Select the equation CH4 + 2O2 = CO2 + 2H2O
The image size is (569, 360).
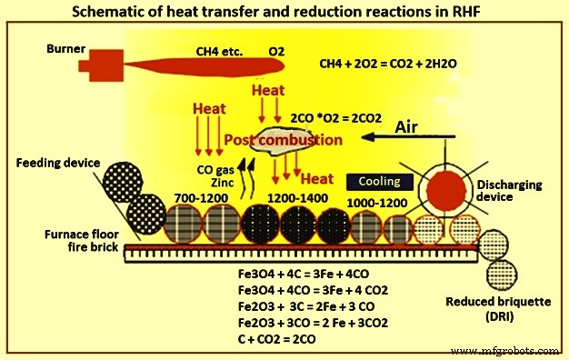point(385,65)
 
